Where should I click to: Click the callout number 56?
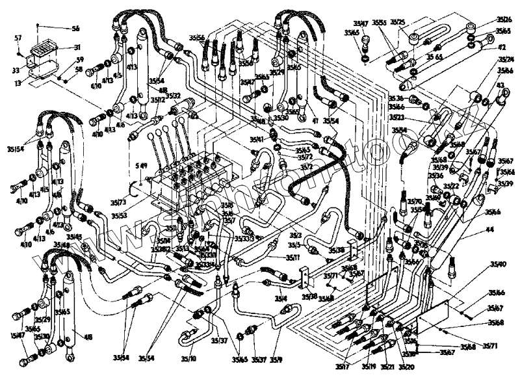click(75, 29)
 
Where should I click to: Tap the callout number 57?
click(18, 38)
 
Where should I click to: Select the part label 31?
click(77, 47)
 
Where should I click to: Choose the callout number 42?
click(502, 47)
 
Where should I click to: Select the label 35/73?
click(119, 203)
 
